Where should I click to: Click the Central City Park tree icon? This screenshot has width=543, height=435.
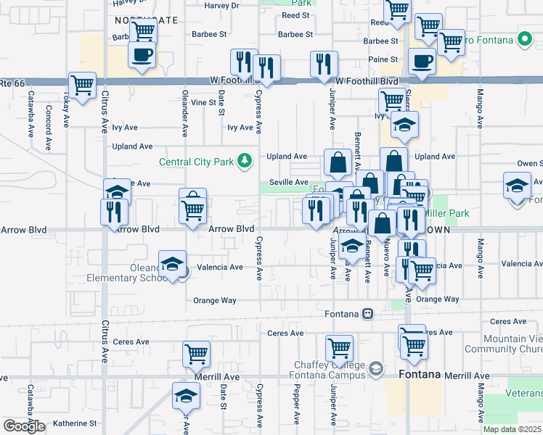tap(246, 161)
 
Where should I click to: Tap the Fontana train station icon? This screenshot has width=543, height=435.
tap(368, 314)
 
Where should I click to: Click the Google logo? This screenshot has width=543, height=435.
tap(24, 426)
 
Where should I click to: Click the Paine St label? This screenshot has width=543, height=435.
tap(383, 59)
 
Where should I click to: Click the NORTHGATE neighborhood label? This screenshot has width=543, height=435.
tap(146, 20)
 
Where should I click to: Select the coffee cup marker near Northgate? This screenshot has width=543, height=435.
tap(142, 54)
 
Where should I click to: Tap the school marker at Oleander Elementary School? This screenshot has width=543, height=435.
tap(172, 265)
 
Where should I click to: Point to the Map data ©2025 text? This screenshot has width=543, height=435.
tap(512, 429)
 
